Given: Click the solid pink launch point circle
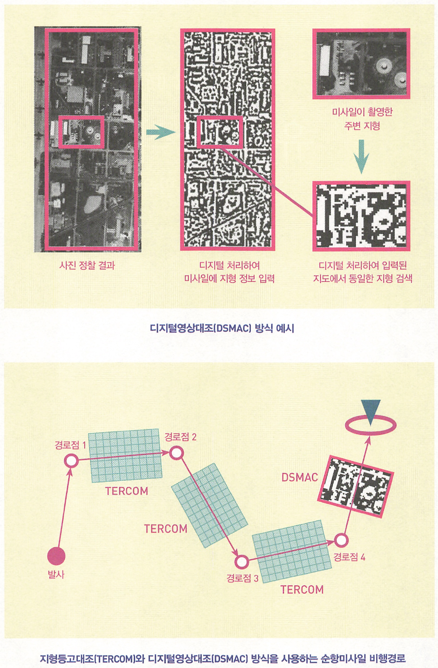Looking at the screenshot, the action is click(56, 556).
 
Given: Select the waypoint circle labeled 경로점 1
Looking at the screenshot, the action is click(71, 461).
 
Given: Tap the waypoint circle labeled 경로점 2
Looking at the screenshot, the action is click(176, 453).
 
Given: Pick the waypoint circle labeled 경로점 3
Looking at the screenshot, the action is click(241, 562).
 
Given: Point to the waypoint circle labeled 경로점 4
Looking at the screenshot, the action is click(341, 540).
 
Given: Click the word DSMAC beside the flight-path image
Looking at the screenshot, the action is click(300, 477).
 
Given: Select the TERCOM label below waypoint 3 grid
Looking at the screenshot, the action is click(302, 590).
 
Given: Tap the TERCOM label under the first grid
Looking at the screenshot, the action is click(127, 491).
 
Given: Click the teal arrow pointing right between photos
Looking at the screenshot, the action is click(160, 132).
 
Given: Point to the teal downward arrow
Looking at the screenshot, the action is click(361, 156).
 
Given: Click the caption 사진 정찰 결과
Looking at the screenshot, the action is click(87, 265).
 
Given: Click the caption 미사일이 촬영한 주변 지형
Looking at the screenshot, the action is click(362, 119).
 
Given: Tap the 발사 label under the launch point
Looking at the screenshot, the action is click(56, 574).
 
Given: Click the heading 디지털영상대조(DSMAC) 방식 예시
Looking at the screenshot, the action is click(222, 329).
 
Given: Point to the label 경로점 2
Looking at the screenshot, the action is click(180, 437).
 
